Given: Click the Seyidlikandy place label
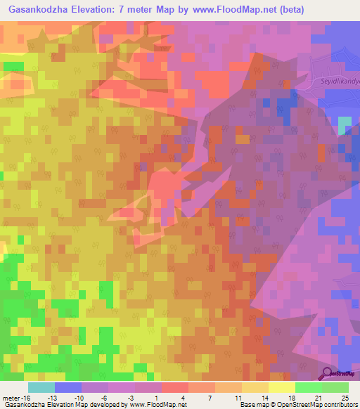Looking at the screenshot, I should pos(337,82).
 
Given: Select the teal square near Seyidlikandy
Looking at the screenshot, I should pos(345,125).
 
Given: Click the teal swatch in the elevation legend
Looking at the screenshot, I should pos(41,388).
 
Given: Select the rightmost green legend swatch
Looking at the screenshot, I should pos(335,388).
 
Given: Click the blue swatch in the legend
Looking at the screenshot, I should pos(68,388).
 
